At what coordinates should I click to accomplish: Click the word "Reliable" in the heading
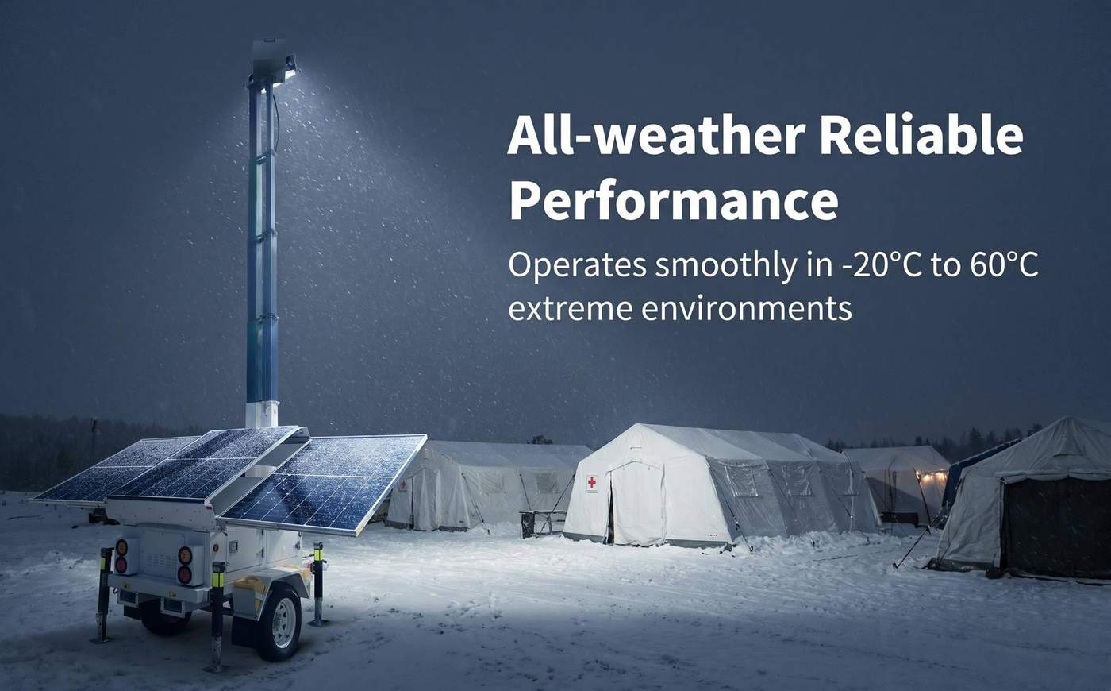pos(921,136)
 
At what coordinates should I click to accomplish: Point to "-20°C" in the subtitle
pos(882,264)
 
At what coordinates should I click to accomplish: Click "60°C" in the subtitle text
pos(1004,264)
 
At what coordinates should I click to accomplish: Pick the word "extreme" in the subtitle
pos(570,309)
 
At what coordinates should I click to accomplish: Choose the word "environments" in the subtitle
pos(747,309)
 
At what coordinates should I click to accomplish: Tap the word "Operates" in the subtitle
pos(577,266)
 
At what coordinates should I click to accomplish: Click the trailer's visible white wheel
pos(283,623)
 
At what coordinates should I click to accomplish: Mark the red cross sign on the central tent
pos(592,482)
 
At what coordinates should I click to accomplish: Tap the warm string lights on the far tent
pos(933,477)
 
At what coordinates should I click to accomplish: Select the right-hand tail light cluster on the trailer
pos(185,563)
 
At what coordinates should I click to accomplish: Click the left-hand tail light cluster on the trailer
pos(121,557)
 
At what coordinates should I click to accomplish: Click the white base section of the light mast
pos(262,415)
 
